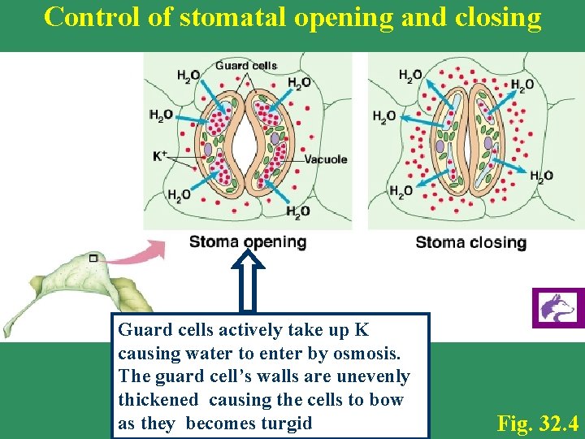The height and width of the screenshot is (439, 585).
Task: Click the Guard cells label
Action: [245, 66]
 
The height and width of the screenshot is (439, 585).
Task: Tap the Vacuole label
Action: [326, 159]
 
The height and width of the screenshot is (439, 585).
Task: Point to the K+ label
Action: [160, 154]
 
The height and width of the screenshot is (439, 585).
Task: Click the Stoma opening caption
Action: [248, 241]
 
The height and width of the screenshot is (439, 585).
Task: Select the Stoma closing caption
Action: [470, 242]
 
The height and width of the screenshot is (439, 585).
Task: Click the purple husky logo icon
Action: [557, 308]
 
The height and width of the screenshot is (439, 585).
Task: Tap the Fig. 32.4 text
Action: [538, 423]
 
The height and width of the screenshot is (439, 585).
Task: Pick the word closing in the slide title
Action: [501, 17]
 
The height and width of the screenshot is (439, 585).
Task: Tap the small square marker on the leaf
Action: [94, 258]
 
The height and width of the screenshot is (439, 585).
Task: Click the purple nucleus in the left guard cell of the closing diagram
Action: [440, 147]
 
